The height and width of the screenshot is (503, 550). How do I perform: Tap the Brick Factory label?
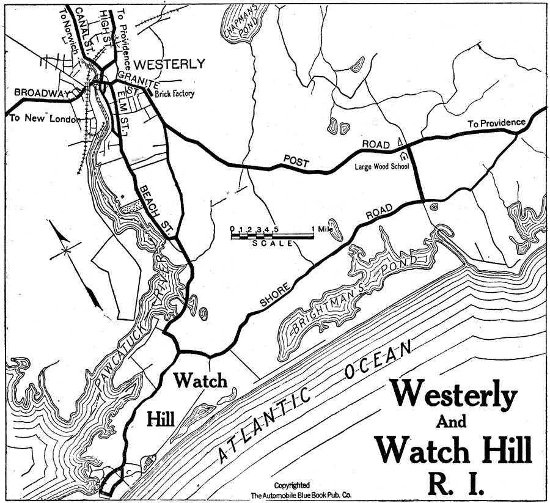point(174,94)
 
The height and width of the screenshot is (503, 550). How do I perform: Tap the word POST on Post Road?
point(296,161)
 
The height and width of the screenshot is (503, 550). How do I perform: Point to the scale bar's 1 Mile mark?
point(322,229)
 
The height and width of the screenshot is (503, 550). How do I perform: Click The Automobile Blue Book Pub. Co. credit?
point(296,496)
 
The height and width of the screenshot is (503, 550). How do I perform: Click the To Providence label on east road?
point(496,123)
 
